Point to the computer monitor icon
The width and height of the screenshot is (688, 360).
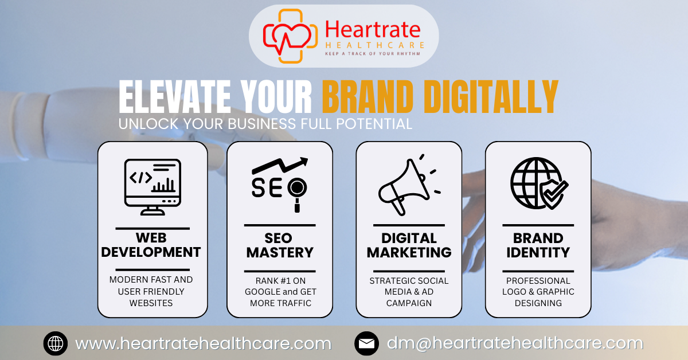tap(153, 183)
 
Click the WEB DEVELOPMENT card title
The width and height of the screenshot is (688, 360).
tap(153, 245)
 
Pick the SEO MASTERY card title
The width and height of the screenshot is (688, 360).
tap(280, 245)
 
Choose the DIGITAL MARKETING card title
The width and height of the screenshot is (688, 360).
tap(409, 245)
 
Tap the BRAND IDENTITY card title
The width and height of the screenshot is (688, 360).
tap(538, 245)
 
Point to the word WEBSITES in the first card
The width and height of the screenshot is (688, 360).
tap(151, 303)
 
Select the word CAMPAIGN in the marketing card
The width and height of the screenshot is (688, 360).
tap(409, 303)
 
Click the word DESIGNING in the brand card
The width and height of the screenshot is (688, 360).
tap(538, 303)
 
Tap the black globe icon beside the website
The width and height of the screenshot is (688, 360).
tap(56, 344)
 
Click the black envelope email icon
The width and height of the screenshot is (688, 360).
tap(366, 344)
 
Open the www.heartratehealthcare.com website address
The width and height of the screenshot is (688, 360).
tap(203, 344)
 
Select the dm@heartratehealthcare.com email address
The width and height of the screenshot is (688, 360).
tap(515, 344)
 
